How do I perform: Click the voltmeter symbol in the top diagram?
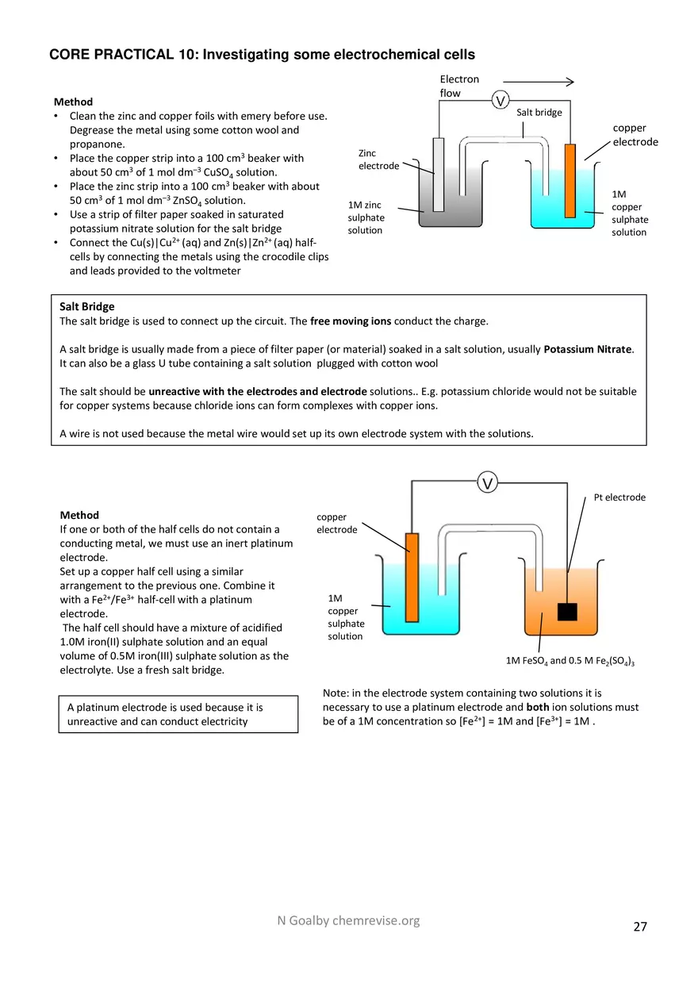[x=500, y=100]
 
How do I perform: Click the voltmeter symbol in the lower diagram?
[x=488, y=482]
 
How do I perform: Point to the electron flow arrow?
[x=538, y=82]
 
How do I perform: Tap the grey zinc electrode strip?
[x=438, y=175]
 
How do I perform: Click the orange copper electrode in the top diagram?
[x=570, y=180]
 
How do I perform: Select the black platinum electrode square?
[x=567, y=612]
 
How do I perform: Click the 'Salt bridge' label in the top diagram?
[x=539, y=113]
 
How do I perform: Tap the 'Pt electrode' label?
[x=619, y=497]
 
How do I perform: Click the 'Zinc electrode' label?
[x=378, y=159]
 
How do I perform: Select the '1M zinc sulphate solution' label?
[x=366, y=217]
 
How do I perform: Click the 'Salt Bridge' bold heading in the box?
[x=87, y=306]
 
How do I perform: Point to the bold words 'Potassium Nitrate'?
[x=588, y=349]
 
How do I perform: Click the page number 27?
[x=640, y=926]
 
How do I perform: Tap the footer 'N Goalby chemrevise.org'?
[x=348, y=920]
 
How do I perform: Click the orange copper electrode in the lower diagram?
[x=412, y=577]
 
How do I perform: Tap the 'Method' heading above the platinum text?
[x=79, y=515]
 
